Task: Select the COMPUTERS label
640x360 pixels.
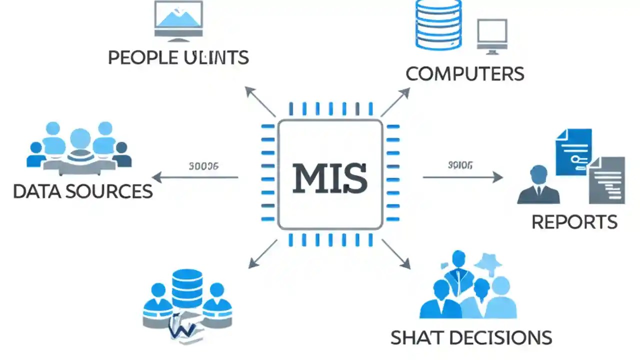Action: coord(464,74)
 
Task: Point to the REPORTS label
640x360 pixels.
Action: coord(574,222)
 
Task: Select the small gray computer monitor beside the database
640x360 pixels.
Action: coord(492,35)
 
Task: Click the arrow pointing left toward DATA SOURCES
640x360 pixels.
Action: coord(195,177)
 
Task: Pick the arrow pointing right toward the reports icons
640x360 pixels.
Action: coord(462,177)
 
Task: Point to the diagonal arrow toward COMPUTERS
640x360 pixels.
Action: coord(395,102)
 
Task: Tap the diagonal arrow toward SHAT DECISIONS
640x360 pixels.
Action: coord(396,253)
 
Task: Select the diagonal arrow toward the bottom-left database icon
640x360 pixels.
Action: coord(263,253)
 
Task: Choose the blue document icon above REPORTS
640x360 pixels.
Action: coord(573,151)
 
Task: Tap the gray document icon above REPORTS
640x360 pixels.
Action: coord(606,180)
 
